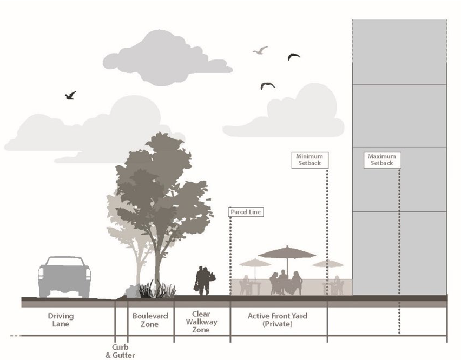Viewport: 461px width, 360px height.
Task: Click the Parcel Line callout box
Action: (246, 212)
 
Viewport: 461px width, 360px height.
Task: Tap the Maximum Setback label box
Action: (381, 160)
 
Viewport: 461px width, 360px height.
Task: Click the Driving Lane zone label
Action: (61, 320)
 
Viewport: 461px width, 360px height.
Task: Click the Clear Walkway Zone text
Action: (201, 322)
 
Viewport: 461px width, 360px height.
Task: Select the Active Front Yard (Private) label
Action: (278, 320)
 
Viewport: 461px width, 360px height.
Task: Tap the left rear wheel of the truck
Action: (45, 291)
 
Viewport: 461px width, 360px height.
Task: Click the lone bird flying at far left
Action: (70, 96)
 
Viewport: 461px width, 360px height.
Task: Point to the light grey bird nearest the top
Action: (261, 50)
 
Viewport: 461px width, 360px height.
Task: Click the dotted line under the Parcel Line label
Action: (230, 254)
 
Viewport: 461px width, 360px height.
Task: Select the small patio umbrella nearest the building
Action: (328, 264)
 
